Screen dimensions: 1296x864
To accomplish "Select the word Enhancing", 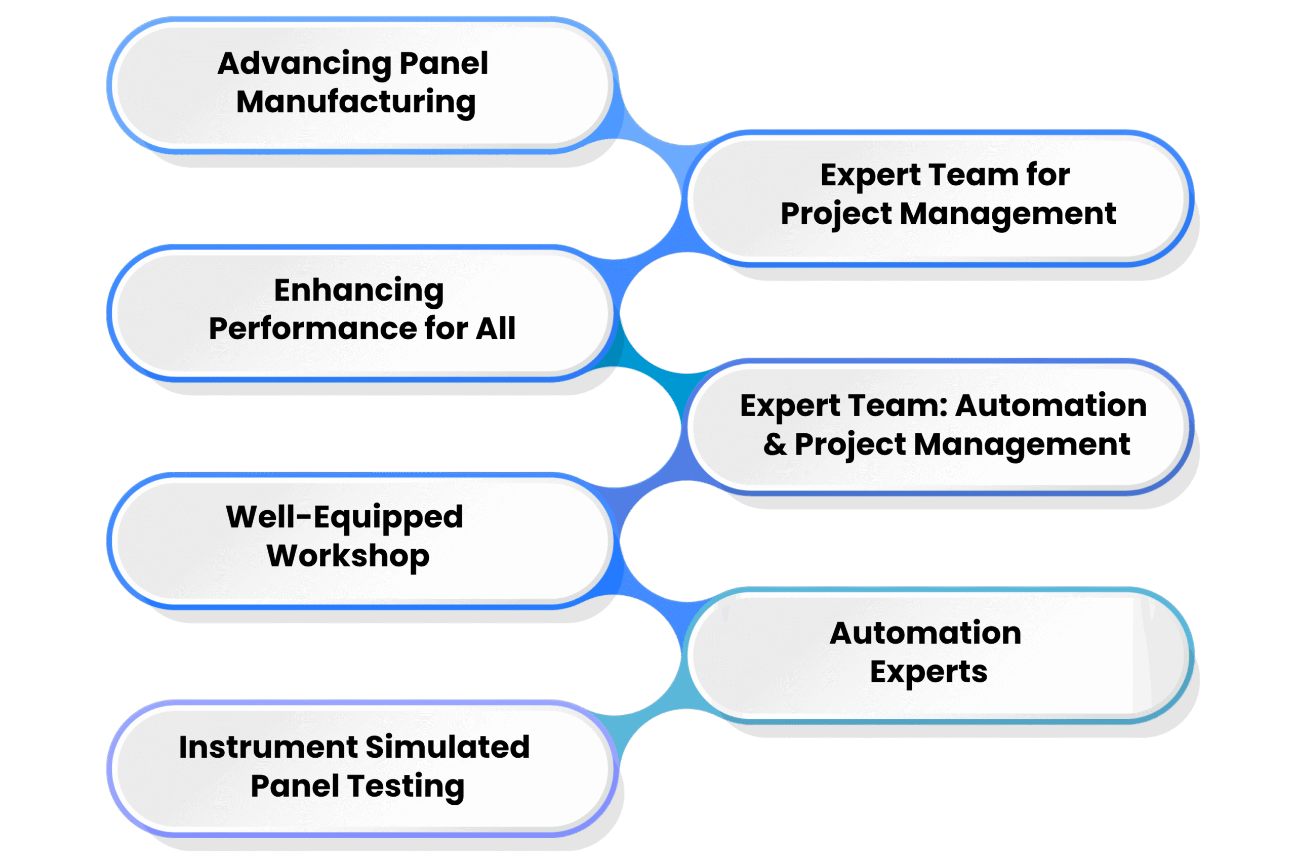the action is pos(359,292).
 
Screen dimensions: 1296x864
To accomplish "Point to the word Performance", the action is pos(312,328).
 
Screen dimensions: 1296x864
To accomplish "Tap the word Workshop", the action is pos(348,556).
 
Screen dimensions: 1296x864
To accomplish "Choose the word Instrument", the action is pos(268,747).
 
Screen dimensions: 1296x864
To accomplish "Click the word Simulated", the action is pos(448,747).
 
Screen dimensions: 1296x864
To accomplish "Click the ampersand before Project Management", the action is pos(775,444).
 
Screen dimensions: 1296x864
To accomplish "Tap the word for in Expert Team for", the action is pos(1048,175).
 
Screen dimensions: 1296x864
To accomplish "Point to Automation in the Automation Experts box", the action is pos(926,633).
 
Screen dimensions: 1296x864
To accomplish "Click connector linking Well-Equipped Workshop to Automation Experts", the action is pos(650,595).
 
